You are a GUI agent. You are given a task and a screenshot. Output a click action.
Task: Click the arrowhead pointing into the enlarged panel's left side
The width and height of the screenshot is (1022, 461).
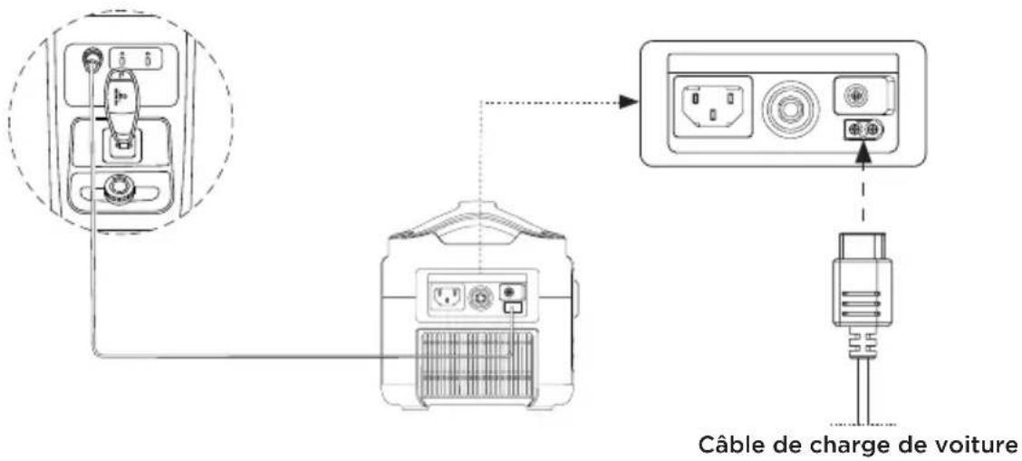(627, 101)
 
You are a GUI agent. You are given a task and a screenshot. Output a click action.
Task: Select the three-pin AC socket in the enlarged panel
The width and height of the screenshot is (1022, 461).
(712, 106)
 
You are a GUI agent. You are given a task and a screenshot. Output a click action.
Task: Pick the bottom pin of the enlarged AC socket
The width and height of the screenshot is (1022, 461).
(712, 116)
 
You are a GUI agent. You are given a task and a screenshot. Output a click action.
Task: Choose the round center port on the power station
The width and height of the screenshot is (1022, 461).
(481, 298)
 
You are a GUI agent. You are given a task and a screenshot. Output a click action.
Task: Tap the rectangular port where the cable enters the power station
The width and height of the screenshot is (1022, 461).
(512, 306)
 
